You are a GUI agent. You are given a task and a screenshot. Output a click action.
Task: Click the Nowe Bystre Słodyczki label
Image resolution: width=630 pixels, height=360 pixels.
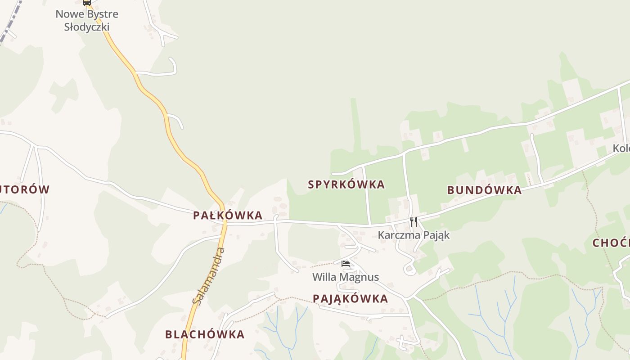pyautogui.click(x=87, y=20)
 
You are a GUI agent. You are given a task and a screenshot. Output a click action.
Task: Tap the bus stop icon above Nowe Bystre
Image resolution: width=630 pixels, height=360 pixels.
pyautogui.click(x=87, y=2)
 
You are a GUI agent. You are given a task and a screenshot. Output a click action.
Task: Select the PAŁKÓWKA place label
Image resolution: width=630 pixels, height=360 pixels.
pyautogui.click(x=228, y=216)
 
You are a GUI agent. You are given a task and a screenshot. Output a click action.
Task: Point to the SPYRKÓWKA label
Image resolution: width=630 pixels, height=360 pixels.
pyautogui.click(x=346, y=184)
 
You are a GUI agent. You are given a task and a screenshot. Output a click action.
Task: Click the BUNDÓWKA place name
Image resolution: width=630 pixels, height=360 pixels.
pyautogui.click(x=484, y=190)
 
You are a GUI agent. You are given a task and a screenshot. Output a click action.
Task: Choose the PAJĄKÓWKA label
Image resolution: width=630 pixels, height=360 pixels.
pyautogui.click(x=350, y=299)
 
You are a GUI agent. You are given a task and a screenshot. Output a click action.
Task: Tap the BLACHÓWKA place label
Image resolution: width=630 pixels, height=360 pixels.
pyautogui.click(x=205, y=335)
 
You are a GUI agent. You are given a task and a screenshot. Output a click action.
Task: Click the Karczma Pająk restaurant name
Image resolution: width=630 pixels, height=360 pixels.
pyautogui.click(x=414, y=235)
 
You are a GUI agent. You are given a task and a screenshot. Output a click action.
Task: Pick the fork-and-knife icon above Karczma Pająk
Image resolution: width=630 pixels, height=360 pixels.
pyautogui.click(x=414, y=222)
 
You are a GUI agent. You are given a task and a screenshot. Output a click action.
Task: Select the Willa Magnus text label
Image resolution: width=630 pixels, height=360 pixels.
pyautogui.click(x=346, y=277)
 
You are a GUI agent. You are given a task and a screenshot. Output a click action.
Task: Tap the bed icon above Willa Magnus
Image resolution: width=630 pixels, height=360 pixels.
pyautogui.click(x=346, y=264)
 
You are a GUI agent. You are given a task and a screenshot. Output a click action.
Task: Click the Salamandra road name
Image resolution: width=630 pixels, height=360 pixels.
pyautogui.click(x=208, y=275)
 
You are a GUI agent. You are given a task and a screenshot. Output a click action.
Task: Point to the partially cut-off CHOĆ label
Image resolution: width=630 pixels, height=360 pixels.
pyautogui.click(x=611, y=243)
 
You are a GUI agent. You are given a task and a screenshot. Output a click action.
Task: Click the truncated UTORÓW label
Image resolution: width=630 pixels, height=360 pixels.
pyautogui.click(x=24, y=189)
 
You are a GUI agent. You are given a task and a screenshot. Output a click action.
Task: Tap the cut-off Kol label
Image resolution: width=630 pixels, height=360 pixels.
pyautogui.click(x=621, y=148)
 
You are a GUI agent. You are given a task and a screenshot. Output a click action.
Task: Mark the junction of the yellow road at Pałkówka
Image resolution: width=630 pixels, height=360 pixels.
pyautogui.click(x=223, y=222)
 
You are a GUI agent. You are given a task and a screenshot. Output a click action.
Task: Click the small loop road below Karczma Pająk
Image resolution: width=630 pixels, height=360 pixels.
pyautogui.click(x=409, y=270)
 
